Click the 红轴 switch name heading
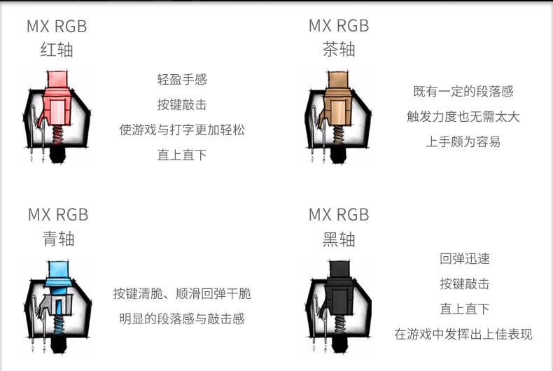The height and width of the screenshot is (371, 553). tap(57, 50)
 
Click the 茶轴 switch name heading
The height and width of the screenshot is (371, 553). tap(339, 50)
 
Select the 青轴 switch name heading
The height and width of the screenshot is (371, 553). tap(57, 239)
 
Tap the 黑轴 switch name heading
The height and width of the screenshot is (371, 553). tap(339, 239)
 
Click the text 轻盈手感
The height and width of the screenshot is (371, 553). tap(182, 80)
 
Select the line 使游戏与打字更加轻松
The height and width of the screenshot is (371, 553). tap(182, 130)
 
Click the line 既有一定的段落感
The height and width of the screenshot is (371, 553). tap(463, 92)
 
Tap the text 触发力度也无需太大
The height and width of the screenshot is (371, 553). tap(463, 117)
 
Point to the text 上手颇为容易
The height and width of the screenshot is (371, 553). tap(463, 142)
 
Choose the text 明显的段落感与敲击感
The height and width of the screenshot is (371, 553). tap(182, 319)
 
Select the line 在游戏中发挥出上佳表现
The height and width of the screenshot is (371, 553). tap(463, 335)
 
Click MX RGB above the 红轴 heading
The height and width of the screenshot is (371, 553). tap(57, 27)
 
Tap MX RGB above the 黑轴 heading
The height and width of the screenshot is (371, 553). tap(339, 215)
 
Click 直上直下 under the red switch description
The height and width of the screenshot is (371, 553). tap(182, 155)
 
